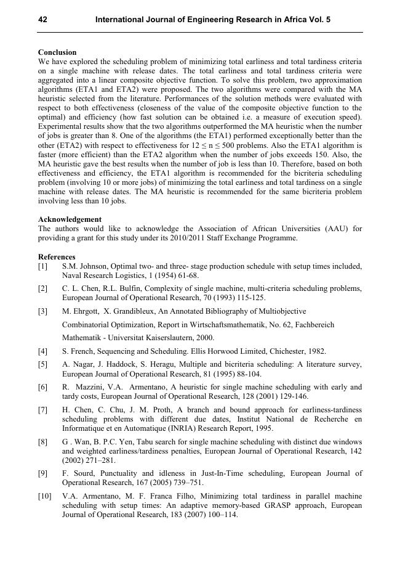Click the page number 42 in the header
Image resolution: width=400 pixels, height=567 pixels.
42,20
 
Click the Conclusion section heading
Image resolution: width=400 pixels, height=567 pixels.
57,52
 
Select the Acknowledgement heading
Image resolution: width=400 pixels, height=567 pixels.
70,219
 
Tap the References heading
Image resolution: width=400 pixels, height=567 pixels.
57,257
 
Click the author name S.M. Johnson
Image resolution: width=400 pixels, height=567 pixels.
86,266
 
